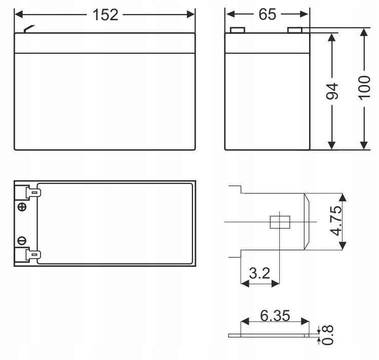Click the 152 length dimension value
105,15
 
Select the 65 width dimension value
267,14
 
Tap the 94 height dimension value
332,91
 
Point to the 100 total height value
364,88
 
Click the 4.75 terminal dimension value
336,221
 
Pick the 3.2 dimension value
259,273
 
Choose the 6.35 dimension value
275,315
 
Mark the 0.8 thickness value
328,335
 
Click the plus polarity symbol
22,207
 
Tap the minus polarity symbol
22,241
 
